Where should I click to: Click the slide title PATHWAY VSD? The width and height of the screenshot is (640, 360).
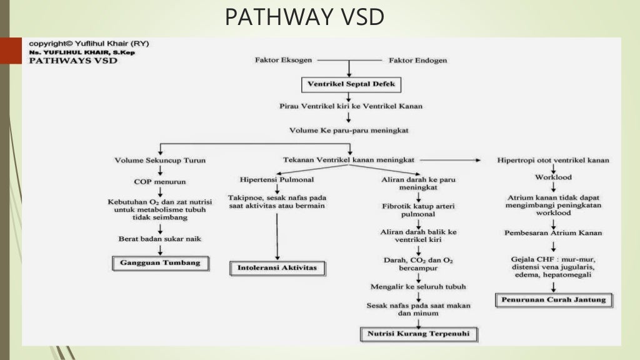(304, 17)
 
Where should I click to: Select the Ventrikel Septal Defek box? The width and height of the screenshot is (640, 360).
(349, 83)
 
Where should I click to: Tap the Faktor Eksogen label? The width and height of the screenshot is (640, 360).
(284, 61)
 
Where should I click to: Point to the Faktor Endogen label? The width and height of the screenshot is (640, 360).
(417, 61)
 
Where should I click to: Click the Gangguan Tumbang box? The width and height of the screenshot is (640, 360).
(161, 263)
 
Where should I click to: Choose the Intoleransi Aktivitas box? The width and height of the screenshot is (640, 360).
(277, 268)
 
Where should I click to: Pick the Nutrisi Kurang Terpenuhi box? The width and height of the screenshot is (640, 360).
(418, 334)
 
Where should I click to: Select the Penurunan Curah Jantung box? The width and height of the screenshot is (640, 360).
(553, 300)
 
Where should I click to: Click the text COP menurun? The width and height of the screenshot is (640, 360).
(160, 182)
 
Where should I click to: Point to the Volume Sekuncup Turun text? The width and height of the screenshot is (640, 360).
(160, 160)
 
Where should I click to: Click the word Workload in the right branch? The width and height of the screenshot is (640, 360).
(553, 177)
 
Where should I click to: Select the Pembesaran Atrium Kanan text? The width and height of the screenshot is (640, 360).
(553, 232)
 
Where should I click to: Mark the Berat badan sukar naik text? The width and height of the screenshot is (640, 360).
(160, 239)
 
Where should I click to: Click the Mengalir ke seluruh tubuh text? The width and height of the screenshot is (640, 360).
(417, 287)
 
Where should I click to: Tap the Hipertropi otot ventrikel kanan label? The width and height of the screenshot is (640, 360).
(553, 160)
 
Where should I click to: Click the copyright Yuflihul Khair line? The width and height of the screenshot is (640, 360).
(89, 44)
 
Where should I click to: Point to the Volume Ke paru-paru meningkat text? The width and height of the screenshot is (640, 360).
(349, 130)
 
